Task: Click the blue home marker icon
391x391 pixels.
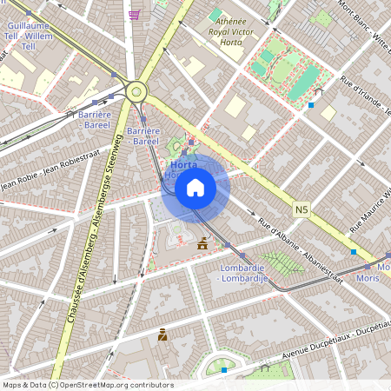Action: pyautogui.click(x=195, y=188)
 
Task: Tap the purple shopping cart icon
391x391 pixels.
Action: pyautogui.click(x=134, y=14)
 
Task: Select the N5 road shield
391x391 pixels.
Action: pyautogui.click(x=302, y=209)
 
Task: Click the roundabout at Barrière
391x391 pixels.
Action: pyautogui.click(x=136, y=90)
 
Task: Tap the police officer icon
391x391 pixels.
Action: pyautogui.click(x=162, y=335)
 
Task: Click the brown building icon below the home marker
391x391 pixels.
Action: pyautogui.click(x=202, y=245)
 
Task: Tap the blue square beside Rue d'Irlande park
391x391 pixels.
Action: pyautogui.click(x=311, y=105)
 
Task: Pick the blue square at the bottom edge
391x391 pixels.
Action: pyautogui.click(x=224, y=370)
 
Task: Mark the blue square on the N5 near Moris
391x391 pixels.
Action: pyautogui.click(x=353, y=252)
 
